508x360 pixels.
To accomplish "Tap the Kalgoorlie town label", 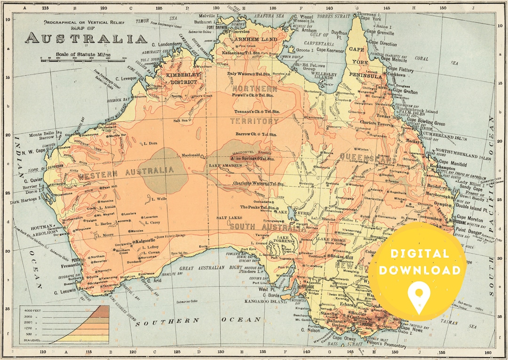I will tap(142, 241).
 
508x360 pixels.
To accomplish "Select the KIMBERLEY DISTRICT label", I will tap(184, 79).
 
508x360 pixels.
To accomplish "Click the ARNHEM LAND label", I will tap(256, 40).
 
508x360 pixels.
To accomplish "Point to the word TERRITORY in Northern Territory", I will tap(254, 121).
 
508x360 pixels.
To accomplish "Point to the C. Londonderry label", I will tap(167, 44).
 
